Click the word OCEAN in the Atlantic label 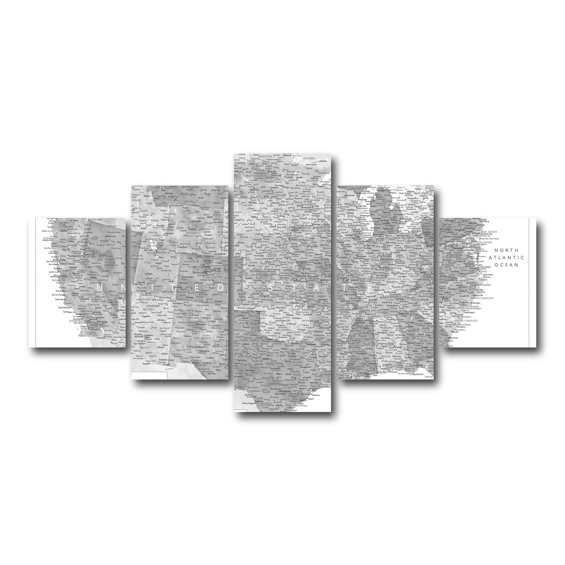(506, 265)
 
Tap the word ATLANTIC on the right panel (506, 258)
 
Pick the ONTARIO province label (309, 158)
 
